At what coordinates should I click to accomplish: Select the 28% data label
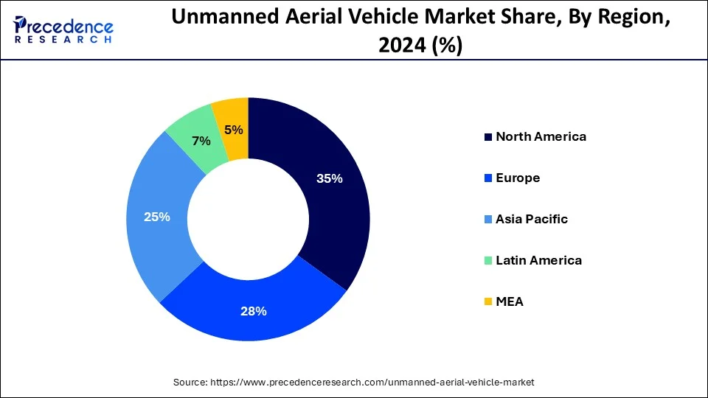(x=254, y=311)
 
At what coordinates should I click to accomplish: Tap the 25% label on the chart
(x=158, y=217)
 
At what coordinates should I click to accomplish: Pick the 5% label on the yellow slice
(x=232, y=130)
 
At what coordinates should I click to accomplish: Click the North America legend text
(x=541, y=136)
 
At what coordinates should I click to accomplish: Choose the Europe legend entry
(x=518, y=178)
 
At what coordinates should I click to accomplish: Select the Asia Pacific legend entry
(x=532, y=219)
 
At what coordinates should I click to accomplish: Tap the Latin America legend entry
(x=538, y=260)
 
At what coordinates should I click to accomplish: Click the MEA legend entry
(x=510, y=301)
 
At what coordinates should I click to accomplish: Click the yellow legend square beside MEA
(x=487, y=302)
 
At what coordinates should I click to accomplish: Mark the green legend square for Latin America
(x=487, y=261)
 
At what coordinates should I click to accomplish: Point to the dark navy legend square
(x=487, y=137)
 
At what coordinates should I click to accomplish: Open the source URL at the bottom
(x=372, y=383)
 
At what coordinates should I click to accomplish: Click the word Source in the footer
(x=190, y=383)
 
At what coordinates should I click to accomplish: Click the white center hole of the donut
(x=249, y=219)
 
